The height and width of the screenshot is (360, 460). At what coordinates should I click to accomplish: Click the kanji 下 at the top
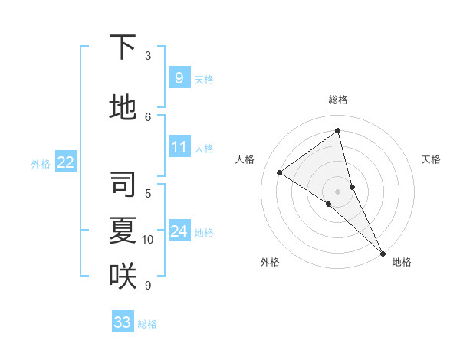[x=123, y=47]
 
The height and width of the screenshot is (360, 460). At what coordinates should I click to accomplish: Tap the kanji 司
[x=123, y=185]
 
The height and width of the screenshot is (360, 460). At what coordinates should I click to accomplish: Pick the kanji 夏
[x=123, y=230]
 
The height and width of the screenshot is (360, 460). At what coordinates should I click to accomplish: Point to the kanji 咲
[x=123, y=276]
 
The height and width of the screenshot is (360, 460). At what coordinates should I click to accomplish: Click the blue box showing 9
[x=179, y=77]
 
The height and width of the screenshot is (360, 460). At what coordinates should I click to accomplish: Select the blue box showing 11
[x=179, y=147]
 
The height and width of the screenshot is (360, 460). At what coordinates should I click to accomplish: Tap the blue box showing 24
[x=179, y=231]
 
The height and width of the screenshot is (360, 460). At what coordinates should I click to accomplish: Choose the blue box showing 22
[x=66, y=162]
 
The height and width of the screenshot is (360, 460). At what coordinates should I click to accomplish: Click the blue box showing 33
[x=123, y=322]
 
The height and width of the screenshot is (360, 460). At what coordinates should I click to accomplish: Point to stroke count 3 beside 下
[x=148, y=56]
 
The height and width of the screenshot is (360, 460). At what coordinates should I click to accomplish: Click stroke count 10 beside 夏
[x=148, y=240]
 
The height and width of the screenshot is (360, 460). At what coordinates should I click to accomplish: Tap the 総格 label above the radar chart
[x=337, y=100]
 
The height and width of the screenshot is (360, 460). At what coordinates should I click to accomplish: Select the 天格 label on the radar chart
[x=431, y=159]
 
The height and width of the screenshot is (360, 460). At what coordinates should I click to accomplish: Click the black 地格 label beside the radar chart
[x=402, y=262]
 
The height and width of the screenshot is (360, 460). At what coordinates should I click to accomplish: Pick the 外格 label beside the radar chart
[x=270, y=262]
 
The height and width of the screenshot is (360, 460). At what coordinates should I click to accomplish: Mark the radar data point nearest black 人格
[x=279, y=172]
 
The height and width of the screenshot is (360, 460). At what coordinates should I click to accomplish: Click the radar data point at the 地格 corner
[x=383, y=253]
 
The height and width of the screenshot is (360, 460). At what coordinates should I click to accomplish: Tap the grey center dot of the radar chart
[x=337, y=191]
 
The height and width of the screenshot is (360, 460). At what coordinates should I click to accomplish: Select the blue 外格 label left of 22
[x=41, y=163]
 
